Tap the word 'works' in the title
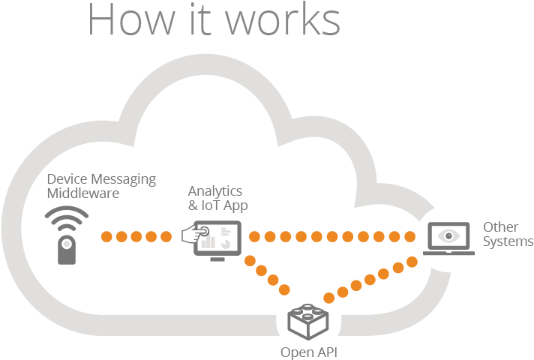pyautogui.click(x=289, y=19)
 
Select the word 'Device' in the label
pyautogui.click(x=67, y=179)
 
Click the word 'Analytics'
pyautogui.click(x=215, y=190)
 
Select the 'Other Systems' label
pyautogui.click(x=508, y=234)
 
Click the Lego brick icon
pyautogui.click(x=309, y=319)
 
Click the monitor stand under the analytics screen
pyautogui.click(x=217, y=259)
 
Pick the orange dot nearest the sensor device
pyautogui.click(x=106, y=237)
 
